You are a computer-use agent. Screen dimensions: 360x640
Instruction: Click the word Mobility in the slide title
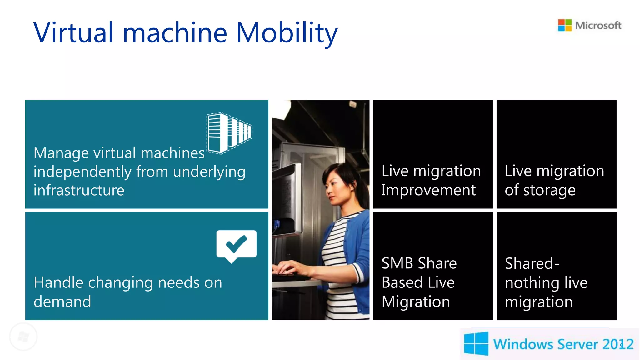tap(287, 33)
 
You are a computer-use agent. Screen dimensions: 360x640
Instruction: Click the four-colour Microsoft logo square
tap(565, 25)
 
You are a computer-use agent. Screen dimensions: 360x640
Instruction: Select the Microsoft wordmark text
tap(598, 25)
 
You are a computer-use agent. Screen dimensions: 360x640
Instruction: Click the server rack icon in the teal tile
tap(229, 133)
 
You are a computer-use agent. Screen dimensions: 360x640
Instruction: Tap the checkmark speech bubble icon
tap(236, 246)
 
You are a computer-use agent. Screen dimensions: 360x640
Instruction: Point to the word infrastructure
tap(79, 190)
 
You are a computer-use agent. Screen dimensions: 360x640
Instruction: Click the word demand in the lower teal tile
tap(62, 302)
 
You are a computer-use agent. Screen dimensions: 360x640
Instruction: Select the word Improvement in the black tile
tap(428, 190)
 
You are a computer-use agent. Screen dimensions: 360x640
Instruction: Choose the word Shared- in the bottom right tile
tap(532, 263)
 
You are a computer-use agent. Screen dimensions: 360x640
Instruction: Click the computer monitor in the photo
tap(286, 200)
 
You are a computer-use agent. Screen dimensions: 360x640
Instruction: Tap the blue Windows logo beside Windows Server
tap(476, 344)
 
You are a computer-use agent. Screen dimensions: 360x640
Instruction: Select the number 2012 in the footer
tap(617, 344)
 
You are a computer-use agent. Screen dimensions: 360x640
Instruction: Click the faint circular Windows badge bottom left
tap(23, 337)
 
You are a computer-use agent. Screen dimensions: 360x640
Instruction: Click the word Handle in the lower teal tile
tap(58, 282)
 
